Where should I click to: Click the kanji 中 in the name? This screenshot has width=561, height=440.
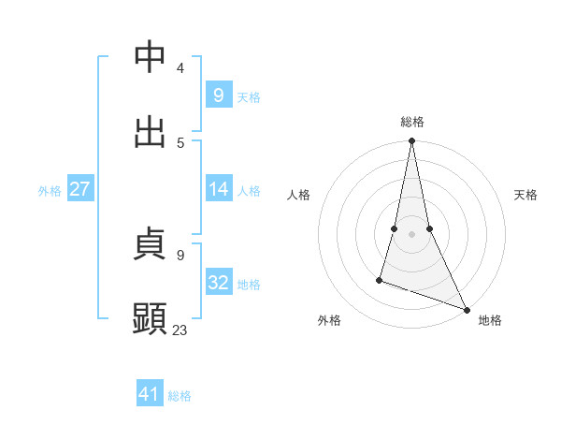[x=151, y=57]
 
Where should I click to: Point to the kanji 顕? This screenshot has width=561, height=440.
[x=151, y=319]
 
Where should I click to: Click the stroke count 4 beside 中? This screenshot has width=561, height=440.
[x=180, y=68]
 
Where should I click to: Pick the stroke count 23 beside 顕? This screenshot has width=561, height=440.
[x=180, y=330]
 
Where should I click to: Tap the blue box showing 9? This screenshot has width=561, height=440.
[x=218, y=95]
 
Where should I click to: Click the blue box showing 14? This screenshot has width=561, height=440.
[x=218, y=189]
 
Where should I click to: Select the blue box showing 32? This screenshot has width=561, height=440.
[x=218, y=282]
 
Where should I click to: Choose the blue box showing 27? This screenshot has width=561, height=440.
[x=79, y=189]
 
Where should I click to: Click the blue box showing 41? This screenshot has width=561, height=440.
[x=150, y=394]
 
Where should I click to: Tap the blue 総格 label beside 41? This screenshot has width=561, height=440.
[x=180, y=396]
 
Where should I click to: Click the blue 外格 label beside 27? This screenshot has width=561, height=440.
[x=50, y=191]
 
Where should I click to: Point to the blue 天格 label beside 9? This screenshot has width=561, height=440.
[x=249, y=96]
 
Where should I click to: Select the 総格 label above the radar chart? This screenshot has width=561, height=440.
[x=412, y=122]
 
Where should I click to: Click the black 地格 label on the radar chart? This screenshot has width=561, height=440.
[x=490, y=321]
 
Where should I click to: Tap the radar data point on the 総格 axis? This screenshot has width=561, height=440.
[x=411, y=141]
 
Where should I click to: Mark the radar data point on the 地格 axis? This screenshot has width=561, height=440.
[x=466, y=309]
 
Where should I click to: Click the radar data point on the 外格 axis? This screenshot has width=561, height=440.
[x=380, y=279]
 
